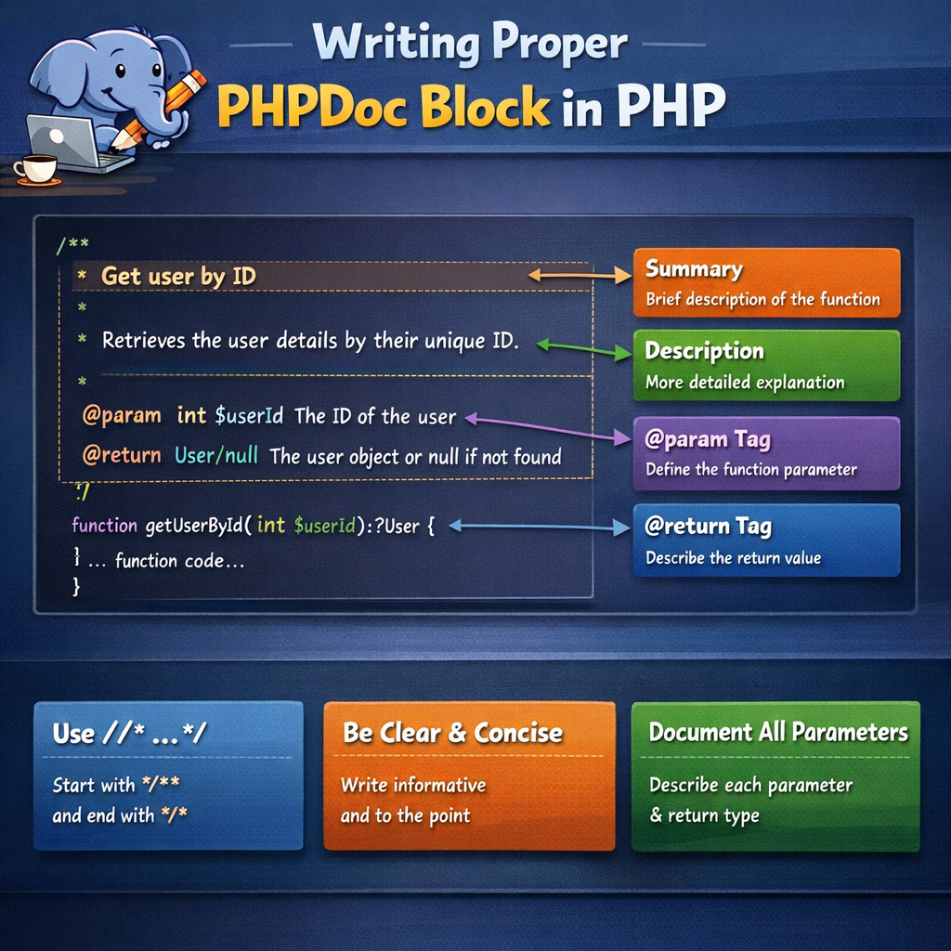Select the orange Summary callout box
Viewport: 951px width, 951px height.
click(x=766, y=283)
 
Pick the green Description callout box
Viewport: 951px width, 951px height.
click(x=766, y=365)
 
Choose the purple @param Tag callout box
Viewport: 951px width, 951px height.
click(x=766, y=453)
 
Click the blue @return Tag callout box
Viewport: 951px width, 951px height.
click(x=766, y=540)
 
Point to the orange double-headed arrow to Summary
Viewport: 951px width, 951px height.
click(x=580, y=275)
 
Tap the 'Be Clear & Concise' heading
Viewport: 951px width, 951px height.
click(x=452, y=733)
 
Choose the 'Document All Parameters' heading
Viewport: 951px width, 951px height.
click(x=777, y=732)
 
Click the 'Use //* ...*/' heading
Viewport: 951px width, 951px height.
click(x=129, y=734)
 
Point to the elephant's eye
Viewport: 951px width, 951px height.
click(x=120, y=71)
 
